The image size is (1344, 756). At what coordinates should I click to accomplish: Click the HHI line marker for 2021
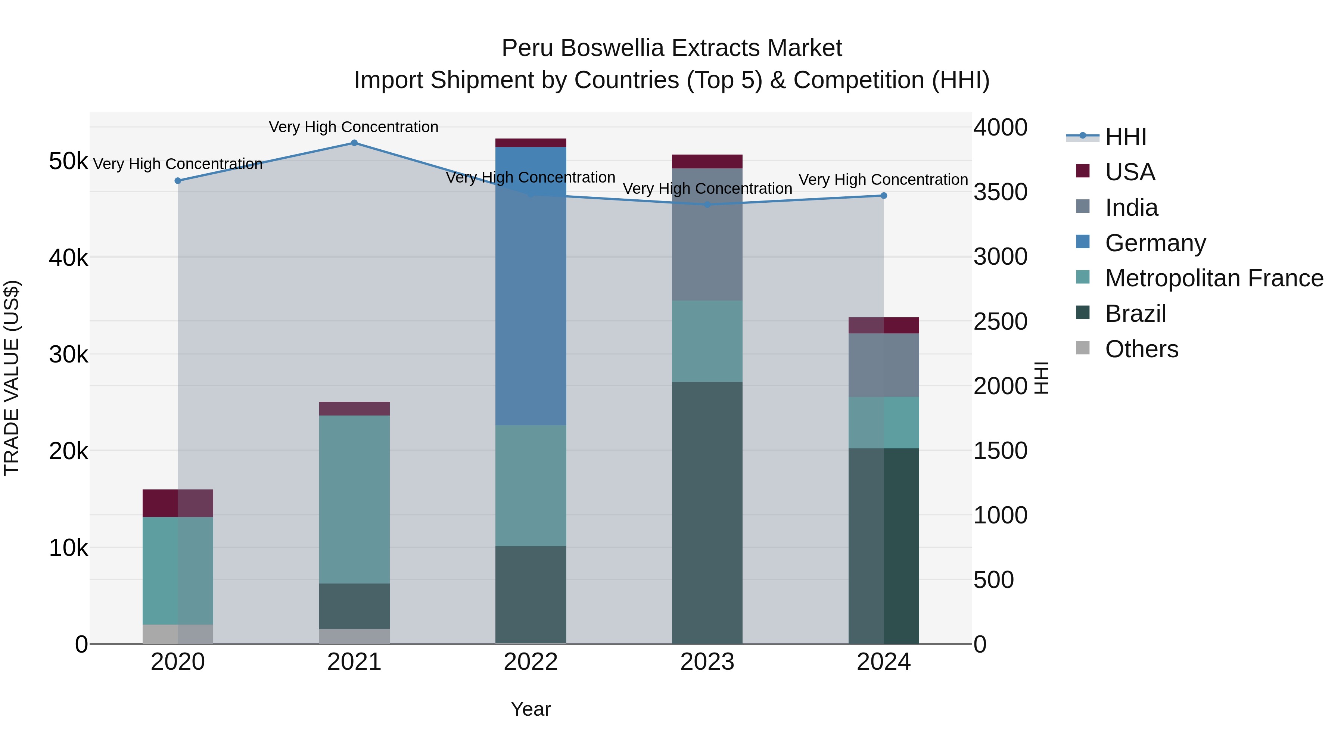click(354, 143)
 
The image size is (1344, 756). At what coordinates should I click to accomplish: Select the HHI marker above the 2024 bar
click(883, 196)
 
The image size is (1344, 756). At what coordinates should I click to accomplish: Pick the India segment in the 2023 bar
click(707, 235)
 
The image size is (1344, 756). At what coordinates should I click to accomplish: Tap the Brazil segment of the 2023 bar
click(707, 511)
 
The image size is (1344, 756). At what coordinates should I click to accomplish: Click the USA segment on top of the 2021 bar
click(354, 408)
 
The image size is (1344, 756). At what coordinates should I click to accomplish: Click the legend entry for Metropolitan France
click(1214, 278)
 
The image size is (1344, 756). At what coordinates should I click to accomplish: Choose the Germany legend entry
click(1155, 243)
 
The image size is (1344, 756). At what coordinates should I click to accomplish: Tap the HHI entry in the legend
click(1125, 137)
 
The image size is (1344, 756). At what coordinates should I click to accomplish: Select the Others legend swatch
click(1083, 348)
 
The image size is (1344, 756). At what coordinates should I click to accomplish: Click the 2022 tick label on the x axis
click(531, 662)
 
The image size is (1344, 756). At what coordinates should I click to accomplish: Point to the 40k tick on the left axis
click(68, 258)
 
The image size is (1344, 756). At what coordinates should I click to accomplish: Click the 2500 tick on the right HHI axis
click(1000, 321)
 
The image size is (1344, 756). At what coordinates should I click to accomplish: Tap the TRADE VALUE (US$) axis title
click(12, 378)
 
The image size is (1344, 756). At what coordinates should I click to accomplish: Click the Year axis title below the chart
click(531, 709)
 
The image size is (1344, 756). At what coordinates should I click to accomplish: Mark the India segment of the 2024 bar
click(883, 365)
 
